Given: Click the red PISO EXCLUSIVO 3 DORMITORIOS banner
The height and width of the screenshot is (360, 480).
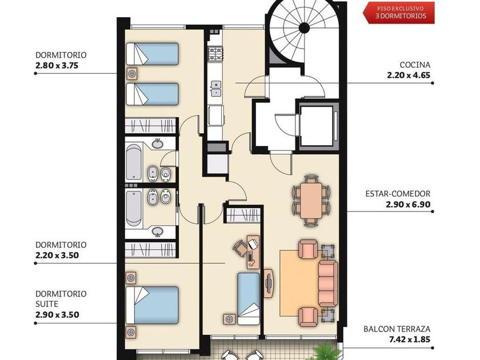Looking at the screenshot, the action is tap(399, 13).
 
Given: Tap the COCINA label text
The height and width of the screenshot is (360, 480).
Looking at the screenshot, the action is tap(415, 65).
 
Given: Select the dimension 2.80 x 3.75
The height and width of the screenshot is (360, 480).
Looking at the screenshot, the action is tap(57, 66).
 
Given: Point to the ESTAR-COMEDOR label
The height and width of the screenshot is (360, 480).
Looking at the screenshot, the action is tap(398, 194).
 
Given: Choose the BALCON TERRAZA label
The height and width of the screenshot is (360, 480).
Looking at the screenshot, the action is tap(397, 329).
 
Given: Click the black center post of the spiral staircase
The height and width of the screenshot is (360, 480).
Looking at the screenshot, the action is tap(304, 28).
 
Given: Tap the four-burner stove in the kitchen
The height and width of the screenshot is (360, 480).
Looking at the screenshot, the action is tap(215, 54).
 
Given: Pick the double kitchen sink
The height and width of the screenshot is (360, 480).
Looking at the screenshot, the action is tap(216, 88).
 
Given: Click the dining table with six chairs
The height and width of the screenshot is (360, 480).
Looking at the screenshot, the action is tap(311, 200).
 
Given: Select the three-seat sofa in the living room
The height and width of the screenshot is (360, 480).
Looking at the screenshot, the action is tap(328, 283).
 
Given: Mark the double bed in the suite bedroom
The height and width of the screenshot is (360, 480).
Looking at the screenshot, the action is tap(152, 305).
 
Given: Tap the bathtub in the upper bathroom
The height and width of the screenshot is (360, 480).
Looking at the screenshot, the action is tap(134, 163).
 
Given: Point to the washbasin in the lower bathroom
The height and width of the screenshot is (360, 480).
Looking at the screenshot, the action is tap(157, 231).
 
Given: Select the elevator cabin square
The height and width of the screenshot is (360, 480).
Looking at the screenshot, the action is tap(317, 126).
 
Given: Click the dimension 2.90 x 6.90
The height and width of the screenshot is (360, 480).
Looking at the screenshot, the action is tap(408, 204).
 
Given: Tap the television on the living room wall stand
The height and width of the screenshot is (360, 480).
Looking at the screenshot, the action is tap(269, 283).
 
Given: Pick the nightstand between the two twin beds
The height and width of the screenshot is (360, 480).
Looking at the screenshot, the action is tap(132, 74).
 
